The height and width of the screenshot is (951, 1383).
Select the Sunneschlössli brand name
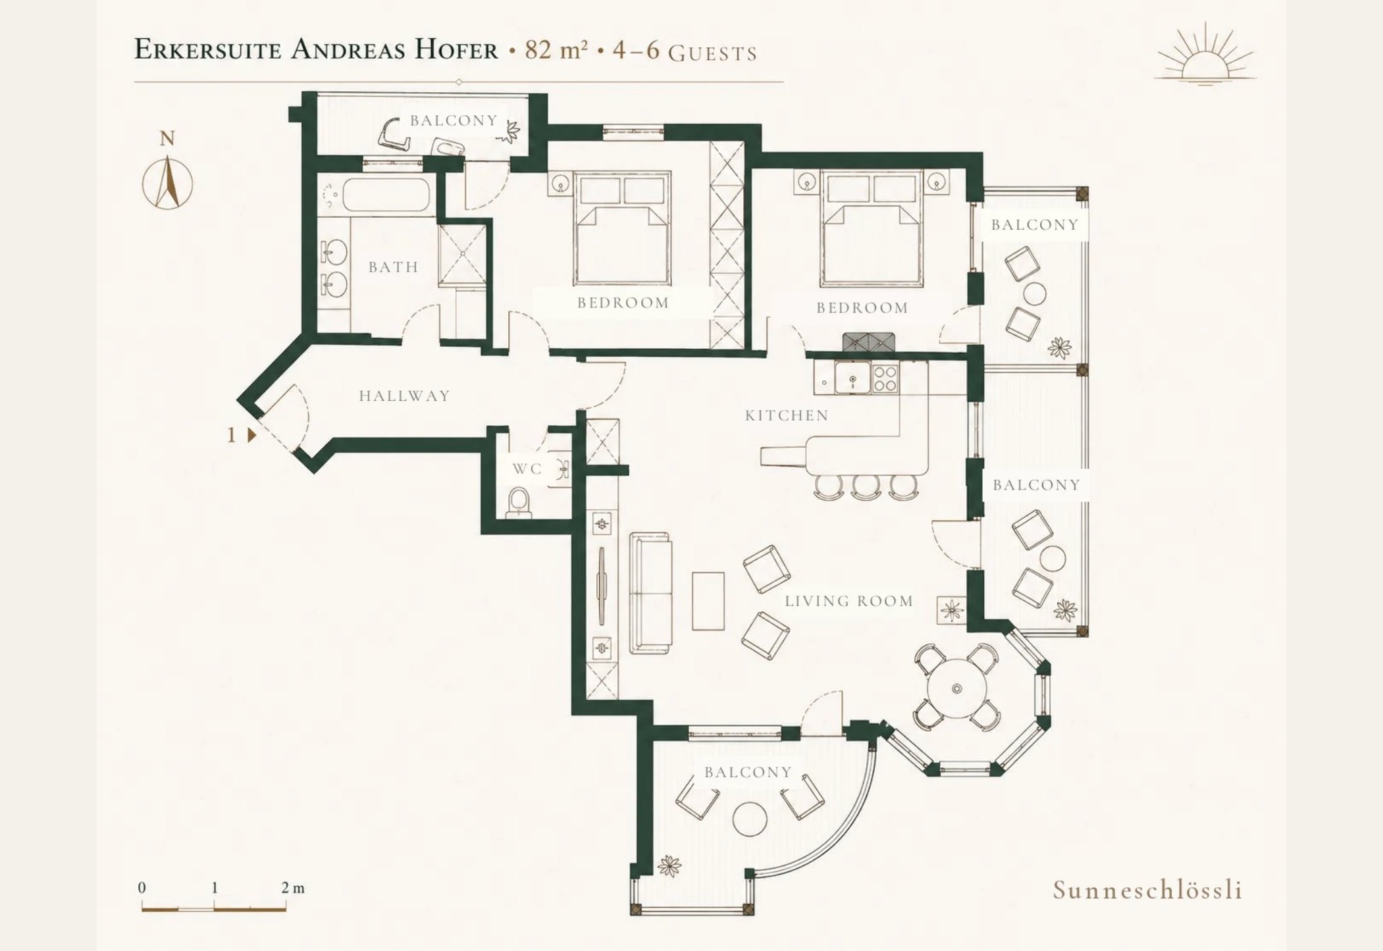(x=1147, y=890)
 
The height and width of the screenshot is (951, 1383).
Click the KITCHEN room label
(x=787, y=415)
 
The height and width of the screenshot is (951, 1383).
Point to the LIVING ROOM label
(x=849, y=601)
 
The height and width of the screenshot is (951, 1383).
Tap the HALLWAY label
(x=405, y=396)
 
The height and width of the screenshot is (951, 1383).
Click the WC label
(x=527, y=469)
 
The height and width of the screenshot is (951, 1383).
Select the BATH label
(x=394, y=267)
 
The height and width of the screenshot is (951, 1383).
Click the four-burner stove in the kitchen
(x=885, y=378)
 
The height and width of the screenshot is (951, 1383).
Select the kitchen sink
(x=852, y=378)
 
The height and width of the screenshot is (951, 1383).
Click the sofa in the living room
(x=650, y=593)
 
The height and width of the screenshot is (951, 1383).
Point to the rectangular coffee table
(x=708, y=601)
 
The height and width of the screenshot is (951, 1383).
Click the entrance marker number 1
(x=231, y=435)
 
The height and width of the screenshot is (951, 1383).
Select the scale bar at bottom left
(x=214, y=909)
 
